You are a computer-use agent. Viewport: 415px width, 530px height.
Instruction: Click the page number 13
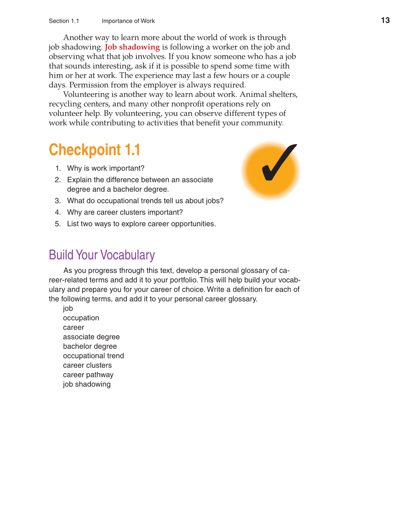click(385, 20)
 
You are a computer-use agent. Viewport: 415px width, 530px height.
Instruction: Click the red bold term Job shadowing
click(132, 47)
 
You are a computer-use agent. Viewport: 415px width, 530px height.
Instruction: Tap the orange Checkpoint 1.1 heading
click(94, 150)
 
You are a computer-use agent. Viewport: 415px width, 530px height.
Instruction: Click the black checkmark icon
click(278, 163)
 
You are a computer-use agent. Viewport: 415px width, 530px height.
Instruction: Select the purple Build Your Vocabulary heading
click(102, 255)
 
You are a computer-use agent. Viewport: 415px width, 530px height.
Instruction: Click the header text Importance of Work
click(128, 21)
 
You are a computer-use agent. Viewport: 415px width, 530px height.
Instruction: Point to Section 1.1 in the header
click(64, 21)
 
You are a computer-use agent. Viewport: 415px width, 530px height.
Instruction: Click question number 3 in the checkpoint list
click(57, 201)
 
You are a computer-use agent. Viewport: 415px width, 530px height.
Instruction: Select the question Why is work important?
click(106, 168)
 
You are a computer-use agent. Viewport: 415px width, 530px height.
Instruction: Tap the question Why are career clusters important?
click(125, 213)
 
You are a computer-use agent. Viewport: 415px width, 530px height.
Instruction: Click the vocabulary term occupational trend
click(93, 356)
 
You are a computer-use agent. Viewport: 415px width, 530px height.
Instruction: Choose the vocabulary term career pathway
click(88, 375)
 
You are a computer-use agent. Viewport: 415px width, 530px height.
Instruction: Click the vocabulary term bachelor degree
click(90, 347)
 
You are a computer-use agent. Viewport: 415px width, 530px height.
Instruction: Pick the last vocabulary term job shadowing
click(87, 384)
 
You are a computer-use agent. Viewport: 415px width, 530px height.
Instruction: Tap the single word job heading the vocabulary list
click(68, 309)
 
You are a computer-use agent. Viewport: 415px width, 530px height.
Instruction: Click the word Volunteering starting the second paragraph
click(86, 95)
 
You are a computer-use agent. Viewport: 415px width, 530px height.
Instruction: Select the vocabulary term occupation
click(81, 318)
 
